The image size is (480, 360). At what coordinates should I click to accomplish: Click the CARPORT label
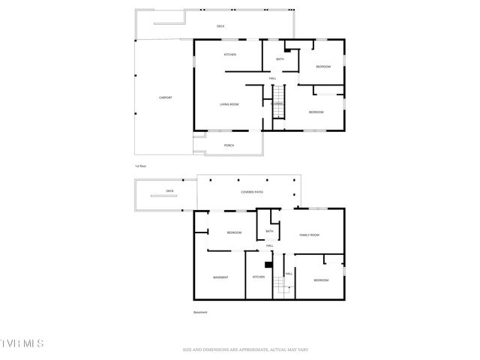(x=165, y=97)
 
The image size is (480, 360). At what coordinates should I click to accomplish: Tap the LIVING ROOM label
(x=229, y=104)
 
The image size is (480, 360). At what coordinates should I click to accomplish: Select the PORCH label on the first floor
(x=229, y=145)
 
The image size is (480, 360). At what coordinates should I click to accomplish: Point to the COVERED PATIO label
(x=251, y=193)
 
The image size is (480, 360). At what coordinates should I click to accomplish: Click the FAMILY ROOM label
(x=310, y=235)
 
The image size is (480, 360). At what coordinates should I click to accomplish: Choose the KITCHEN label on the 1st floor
(x=230, y=55)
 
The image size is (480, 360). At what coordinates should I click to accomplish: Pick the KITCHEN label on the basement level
(x=258, y=277)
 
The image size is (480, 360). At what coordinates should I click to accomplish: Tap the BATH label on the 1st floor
(x=280, y=58)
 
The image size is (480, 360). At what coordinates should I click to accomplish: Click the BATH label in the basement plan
(x=269, y=231)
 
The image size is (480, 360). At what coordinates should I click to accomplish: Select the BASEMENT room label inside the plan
(x=220, y=277)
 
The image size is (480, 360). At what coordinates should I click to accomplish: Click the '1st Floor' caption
(x=140, y=165)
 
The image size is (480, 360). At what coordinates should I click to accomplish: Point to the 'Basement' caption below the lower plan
(x=200, y=312)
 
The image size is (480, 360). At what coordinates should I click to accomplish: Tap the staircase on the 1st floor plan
(x=278, y=110)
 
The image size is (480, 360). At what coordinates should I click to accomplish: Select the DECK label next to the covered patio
(x=169, y=191)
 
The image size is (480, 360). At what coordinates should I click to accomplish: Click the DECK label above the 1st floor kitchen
(x=220, y=26)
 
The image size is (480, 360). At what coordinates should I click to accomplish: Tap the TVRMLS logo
(x=22, y=343)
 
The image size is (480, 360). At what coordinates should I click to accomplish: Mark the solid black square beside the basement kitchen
(x=268, y=264)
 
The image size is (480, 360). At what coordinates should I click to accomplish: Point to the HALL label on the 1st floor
(x=273, y=78)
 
